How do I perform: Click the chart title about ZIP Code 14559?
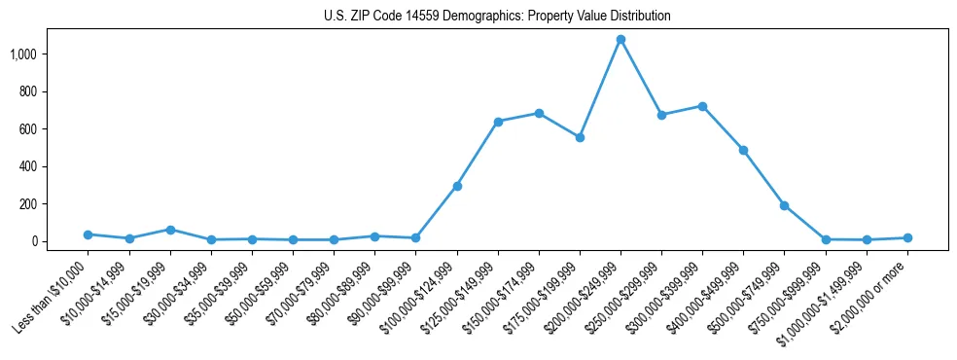497,17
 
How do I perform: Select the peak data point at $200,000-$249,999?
620,39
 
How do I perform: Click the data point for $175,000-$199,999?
580,137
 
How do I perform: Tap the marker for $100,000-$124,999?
457,186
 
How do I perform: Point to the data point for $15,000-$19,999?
170,230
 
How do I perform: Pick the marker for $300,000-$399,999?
702,106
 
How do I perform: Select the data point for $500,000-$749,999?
784,205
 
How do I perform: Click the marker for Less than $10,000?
89,234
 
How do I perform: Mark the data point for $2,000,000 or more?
907,237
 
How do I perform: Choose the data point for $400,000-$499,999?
743,150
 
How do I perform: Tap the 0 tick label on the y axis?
40,241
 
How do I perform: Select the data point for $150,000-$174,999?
539,113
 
